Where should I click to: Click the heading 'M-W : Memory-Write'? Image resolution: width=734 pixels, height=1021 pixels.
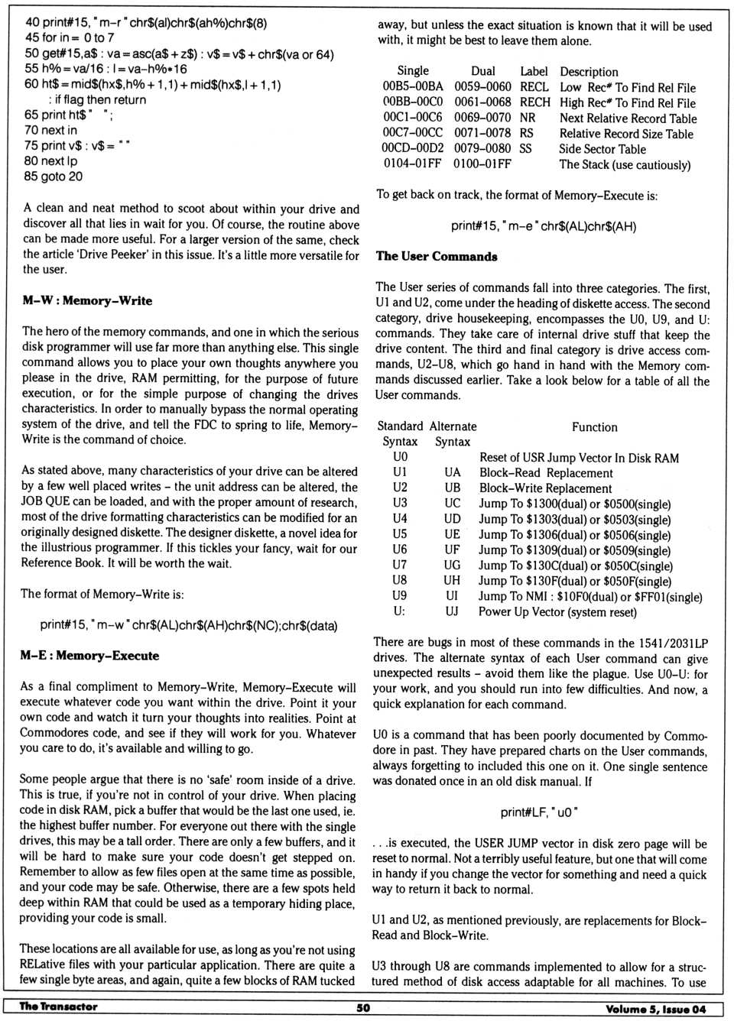(x=87, y=301)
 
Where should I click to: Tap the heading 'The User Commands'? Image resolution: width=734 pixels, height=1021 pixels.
(x=437, y=257)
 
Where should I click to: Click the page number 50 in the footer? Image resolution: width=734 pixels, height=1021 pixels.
(x=363, y=1007)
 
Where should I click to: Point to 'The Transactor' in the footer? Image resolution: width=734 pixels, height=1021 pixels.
(x=58, y=1006)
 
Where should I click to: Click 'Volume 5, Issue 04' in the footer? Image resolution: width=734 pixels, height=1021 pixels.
(x=655, y=1008)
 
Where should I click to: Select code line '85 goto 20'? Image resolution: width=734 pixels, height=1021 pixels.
(x=54, y=177)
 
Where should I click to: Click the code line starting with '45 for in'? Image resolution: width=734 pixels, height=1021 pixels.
(x=70, y=37)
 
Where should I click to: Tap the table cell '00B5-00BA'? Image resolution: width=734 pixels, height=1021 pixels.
(x=413, y=87)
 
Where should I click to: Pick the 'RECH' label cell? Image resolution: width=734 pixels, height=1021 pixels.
(x=534, y=102)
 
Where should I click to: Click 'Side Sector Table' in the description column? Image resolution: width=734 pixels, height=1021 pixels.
(x=602, y=149)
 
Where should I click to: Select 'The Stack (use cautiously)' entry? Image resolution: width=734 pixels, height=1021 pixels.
(x=625, y=164)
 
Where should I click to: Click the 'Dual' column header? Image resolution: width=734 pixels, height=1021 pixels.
(x=482, y=71)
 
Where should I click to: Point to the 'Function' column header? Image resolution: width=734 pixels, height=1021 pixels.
(x=594, y=427)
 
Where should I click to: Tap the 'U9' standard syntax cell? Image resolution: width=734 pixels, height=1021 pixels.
(x=399, y=595)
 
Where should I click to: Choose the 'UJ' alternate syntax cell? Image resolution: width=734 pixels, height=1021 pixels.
(x=452, y=611)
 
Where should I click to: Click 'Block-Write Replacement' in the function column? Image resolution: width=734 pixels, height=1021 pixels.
(x=545, y=488)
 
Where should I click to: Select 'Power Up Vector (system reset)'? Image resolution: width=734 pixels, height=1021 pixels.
(x=557, y=611)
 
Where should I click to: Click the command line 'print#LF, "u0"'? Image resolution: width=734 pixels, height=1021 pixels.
(x=539, y=812)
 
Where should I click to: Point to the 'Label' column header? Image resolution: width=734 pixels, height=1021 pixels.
(x=534, y=71)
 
